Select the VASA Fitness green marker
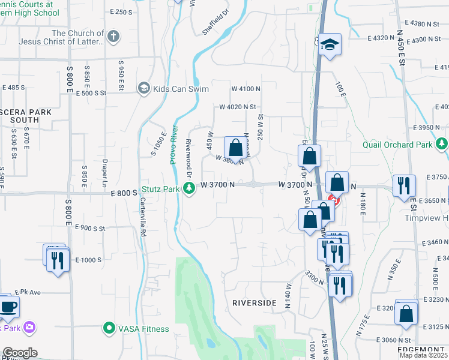109,328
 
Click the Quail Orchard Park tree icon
442,143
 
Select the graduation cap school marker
329,46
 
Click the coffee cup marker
8,306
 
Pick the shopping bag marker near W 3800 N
237,147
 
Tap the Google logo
19,353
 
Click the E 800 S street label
124,193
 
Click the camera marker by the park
29,328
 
